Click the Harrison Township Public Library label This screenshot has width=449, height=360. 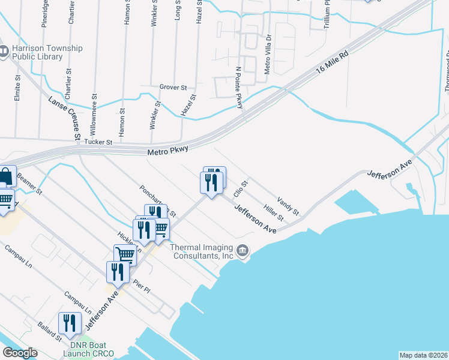tap(41, 52)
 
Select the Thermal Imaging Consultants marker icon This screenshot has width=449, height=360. tap(243, 250)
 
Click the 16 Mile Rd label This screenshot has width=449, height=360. tap(332, 63)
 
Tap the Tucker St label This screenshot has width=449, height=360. tap(98, 142)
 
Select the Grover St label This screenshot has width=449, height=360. tap(173, 87)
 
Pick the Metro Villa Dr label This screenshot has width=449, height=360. tap(268, 53)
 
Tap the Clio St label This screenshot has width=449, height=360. tap(240, 188)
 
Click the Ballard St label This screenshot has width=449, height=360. tap(51, 333)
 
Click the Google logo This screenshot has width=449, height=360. tap(20, 353)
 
